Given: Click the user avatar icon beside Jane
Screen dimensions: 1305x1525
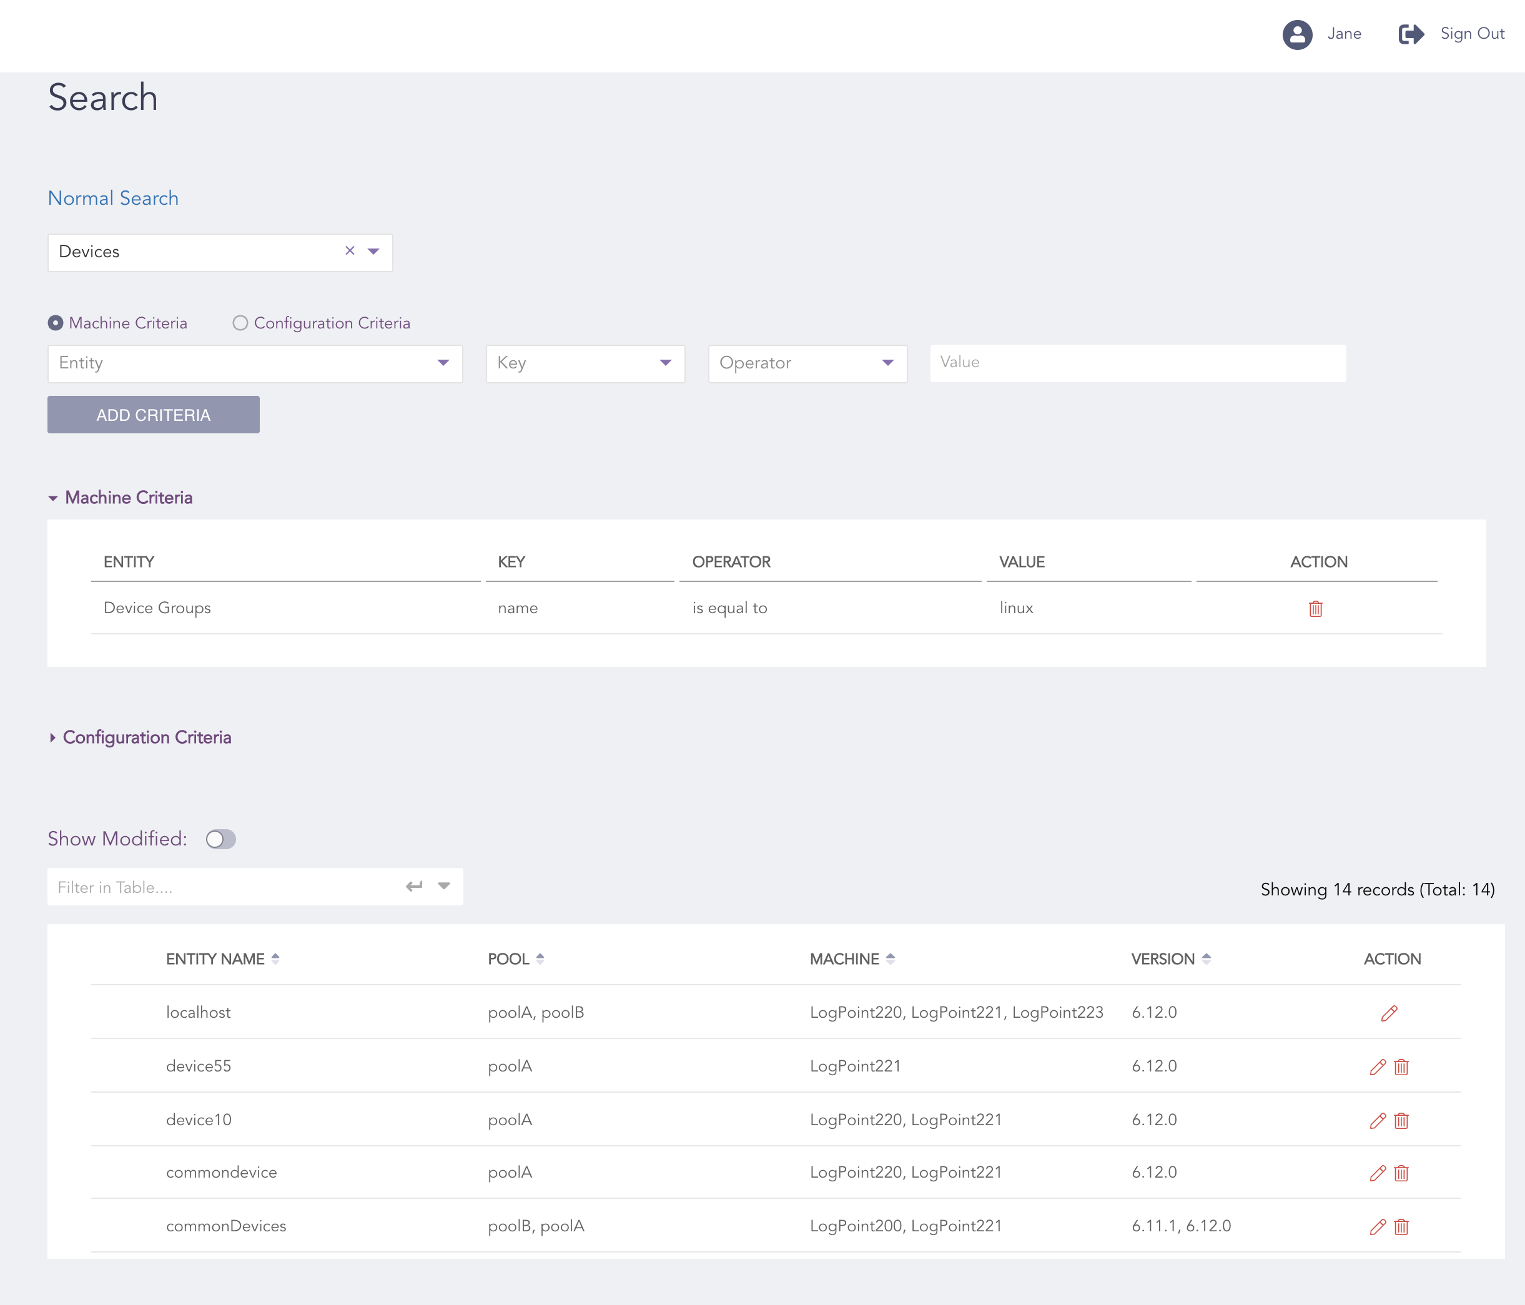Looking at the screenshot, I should point(1297,34).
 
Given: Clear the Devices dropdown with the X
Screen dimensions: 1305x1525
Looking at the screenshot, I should point(350,251).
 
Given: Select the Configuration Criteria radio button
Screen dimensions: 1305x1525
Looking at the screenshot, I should point(240,323).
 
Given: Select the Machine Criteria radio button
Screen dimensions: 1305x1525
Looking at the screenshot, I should point(55,323).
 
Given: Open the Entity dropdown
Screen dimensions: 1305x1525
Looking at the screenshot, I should point(255,363).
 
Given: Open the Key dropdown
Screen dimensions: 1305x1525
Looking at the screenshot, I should point(585,363).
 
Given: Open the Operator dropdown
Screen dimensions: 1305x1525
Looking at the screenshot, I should point(807,363).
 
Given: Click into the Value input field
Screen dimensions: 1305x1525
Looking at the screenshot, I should point(1137,363).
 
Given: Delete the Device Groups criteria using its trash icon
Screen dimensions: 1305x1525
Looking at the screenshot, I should point(1315,609).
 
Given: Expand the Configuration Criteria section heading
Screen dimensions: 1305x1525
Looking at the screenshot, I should point(147,737).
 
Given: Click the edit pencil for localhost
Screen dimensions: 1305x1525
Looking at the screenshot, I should point(1389,1013).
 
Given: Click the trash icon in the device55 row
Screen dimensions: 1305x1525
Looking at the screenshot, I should point(1401,1067).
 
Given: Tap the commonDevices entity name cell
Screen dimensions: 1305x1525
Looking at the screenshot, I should point(226,1226).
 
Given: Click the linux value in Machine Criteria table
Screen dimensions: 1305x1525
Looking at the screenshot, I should point(1015,608).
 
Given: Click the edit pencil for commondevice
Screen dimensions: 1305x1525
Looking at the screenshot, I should point(1377,1173).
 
